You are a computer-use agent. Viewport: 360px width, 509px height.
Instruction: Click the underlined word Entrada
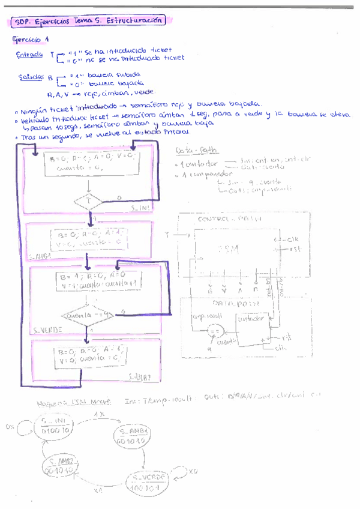[29, 55]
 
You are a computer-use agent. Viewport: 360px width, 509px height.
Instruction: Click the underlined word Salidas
[31, 76]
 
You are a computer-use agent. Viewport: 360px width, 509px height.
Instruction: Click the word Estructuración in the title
[137, 20]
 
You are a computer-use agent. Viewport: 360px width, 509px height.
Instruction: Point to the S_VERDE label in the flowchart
[46, 330]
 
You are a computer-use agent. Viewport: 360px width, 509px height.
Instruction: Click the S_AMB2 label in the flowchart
[139, 376]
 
